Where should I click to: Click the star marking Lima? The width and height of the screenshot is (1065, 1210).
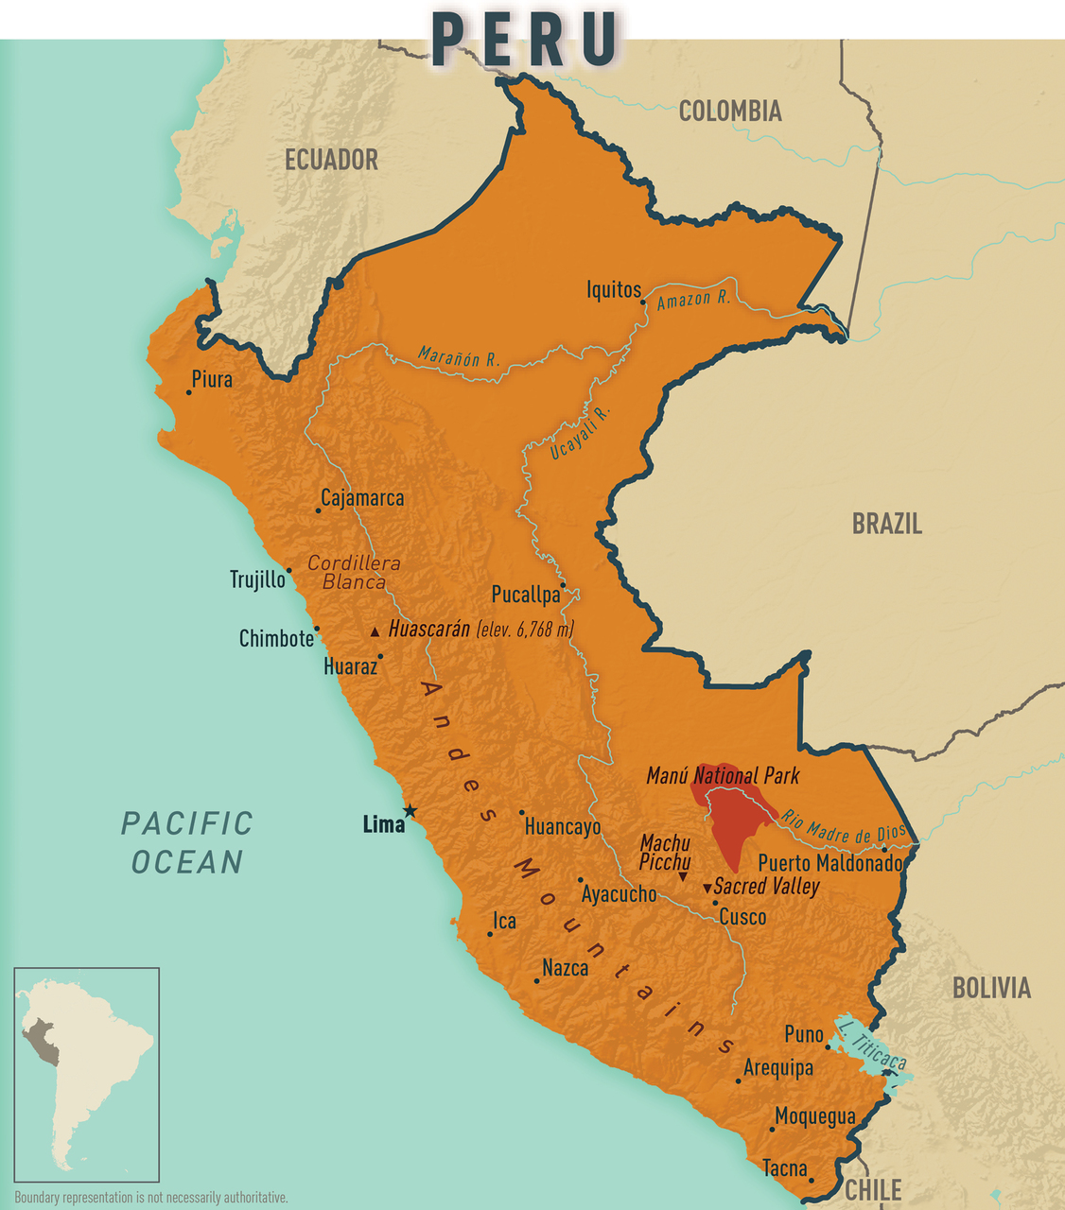(410, 811)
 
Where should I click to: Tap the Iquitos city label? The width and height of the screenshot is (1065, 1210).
(613, 290)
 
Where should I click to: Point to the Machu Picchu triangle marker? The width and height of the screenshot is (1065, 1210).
(683, 878)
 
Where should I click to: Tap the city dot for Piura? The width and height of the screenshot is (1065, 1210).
(188, 392)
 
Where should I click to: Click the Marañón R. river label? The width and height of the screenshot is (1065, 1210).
(459, 357)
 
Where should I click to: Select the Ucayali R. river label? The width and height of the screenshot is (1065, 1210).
(581, 434)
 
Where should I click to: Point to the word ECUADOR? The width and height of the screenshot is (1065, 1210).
(331, 160)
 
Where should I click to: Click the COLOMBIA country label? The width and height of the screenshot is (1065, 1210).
(730, 112)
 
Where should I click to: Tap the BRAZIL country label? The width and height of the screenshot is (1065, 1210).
(886, 524)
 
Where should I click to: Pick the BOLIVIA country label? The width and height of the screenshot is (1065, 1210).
(990, 988)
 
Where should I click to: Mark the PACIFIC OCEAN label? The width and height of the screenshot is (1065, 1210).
(187, 842)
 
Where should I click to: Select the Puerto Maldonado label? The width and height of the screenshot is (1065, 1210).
(829, 863)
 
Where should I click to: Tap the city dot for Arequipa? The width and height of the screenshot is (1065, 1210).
(738, 1080)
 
